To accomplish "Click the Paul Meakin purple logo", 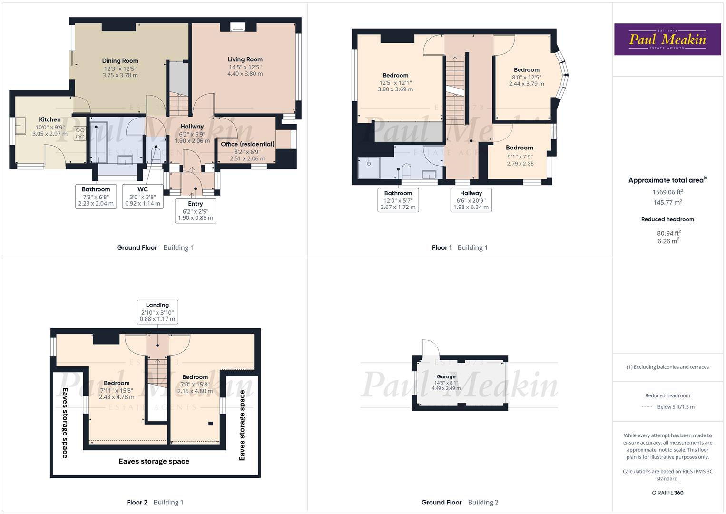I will (x=667, y=40).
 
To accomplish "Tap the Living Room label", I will (x=245, y=59).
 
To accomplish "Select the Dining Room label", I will (x=120, y=61).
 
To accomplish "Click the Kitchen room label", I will (x=50, y=119).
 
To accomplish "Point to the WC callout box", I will (x=143, y=196).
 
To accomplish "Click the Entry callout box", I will (x=195, y=210).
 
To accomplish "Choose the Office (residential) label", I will (x=247, y=144).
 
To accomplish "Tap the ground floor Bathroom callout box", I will (x=96, y=196).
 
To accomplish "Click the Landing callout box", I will (x=157, y=312).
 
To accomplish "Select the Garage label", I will (x=446, y=376).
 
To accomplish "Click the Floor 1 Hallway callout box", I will (x=471, y=200).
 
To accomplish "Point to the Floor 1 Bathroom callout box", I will (x=398, y=200).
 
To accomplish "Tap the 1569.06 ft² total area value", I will (x=667, y=192).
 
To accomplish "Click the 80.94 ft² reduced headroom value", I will (x=668, y=233).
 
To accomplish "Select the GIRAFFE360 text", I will (x=667, y=493).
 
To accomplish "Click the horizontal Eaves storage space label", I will (x=154, y=461).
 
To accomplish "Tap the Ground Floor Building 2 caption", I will (x=460, y=502).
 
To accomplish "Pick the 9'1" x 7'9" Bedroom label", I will (x=520, y=148).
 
